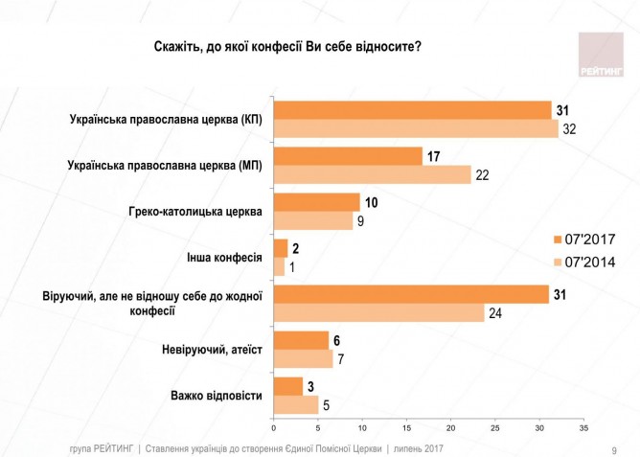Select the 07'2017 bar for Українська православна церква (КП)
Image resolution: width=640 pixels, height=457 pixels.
(x=412, y=111)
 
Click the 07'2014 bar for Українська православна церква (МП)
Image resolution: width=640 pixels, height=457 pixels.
(x=373, y=173)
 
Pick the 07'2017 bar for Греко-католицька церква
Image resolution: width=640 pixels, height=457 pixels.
(x=316, y=201)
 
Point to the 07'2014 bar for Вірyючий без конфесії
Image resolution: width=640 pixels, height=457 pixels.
(x=379, y=311)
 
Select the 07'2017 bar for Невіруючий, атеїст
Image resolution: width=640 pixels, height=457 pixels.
(x=301, y=339)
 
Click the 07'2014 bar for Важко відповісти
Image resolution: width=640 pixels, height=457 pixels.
(x=296, y=404)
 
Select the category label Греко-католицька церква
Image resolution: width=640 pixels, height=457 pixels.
(x=195, y=211)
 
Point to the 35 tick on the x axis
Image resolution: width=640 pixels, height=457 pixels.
(x=583, y=427)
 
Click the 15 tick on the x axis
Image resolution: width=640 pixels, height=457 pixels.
(x=406, y=427)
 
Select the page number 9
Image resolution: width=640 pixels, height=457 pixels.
(x=614, y=449)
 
